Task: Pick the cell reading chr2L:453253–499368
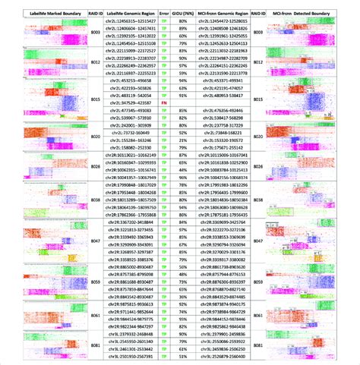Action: pyautogui.click(x=128, y=78)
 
